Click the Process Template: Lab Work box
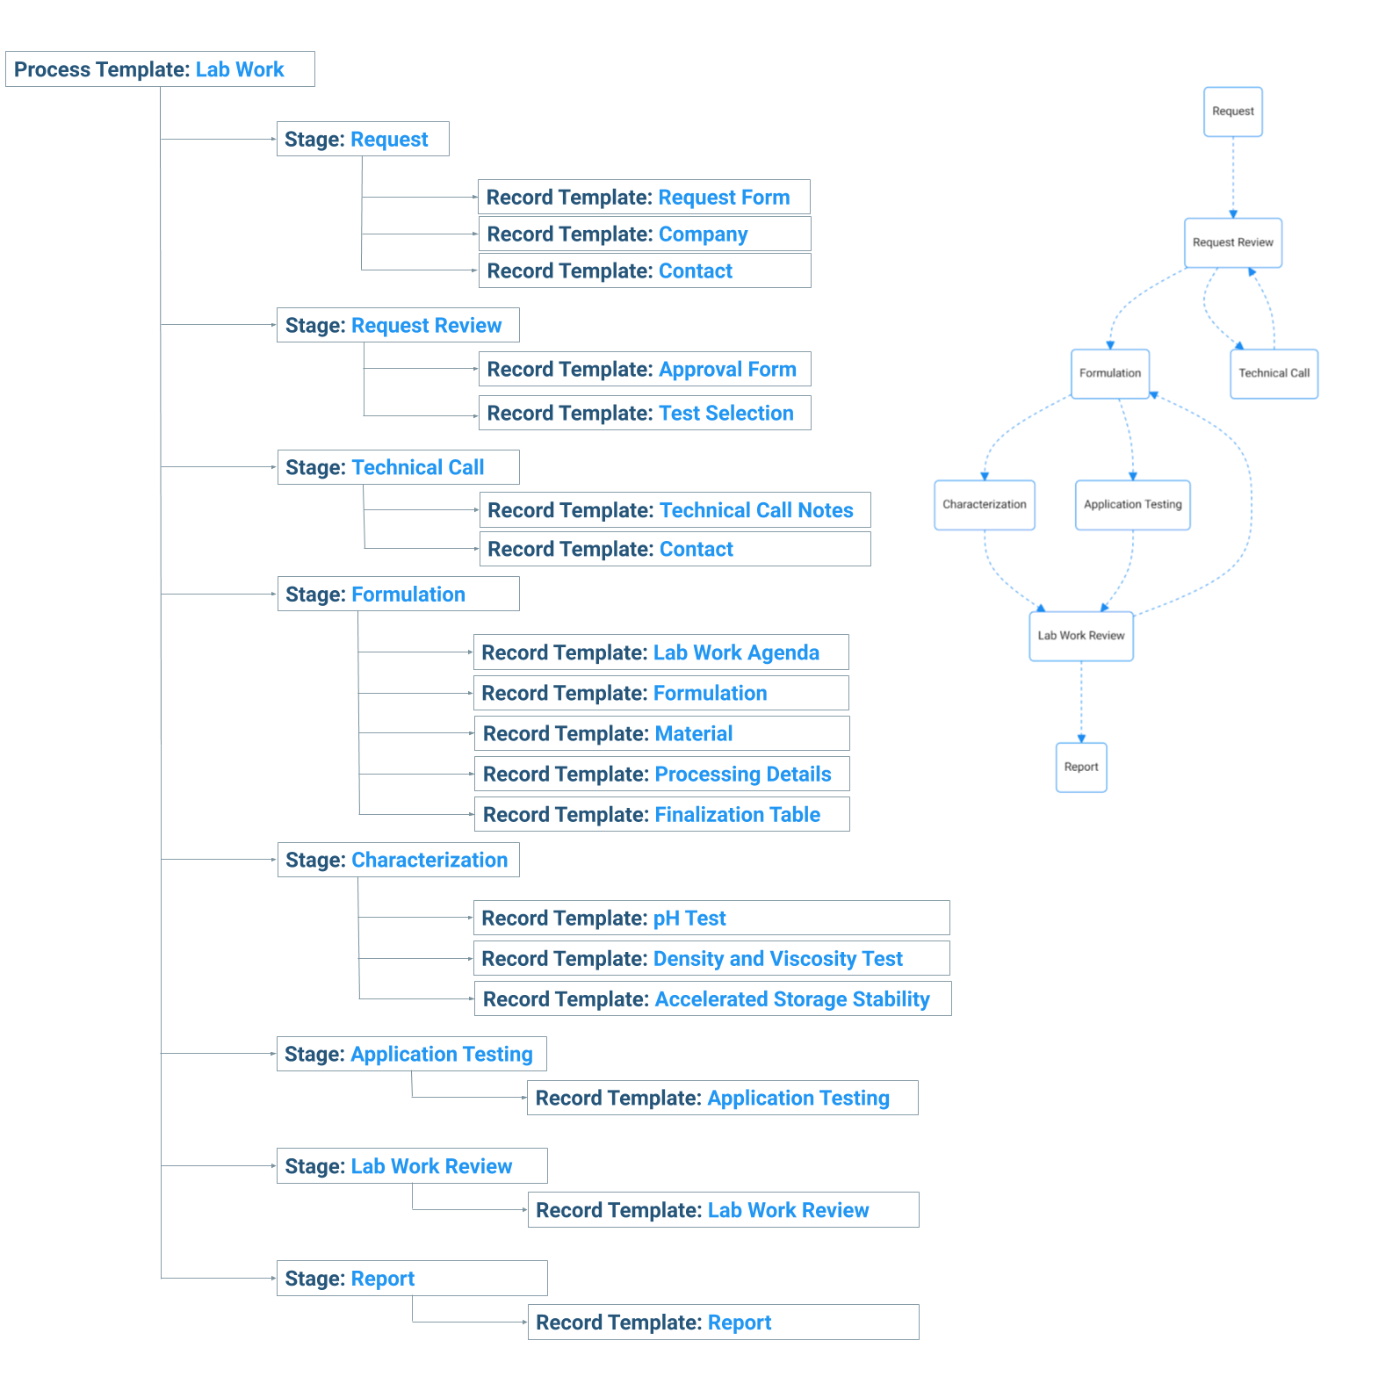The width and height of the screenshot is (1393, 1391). [x=160, y=69]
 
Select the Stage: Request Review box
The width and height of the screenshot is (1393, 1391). [x=398, y=325]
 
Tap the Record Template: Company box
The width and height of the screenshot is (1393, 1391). [x=645, y=234]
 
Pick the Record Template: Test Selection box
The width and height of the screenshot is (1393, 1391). [x=645, y=413]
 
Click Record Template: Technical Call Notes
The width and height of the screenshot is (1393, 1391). [x=675, y=510]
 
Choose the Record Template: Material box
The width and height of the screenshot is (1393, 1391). [x=662, y=733]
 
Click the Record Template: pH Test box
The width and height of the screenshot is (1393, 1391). [x=711, y=918]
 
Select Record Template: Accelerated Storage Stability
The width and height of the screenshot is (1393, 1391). [x=713, y=998]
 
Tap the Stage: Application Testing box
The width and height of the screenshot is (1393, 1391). [x=412, y=1054]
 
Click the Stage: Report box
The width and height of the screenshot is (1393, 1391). [x=412, y=1279]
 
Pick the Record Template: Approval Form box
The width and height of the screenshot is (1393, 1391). [x=645, y=369]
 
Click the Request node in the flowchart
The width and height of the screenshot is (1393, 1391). [x=1233, y=112]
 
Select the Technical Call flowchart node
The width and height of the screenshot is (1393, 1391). [x=1274, y=373]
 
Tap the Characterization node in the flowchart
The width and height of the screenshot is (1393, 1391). [x=985, y=505]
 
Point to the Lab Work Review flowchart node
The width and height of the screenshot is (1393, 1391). [x=1081, y=636]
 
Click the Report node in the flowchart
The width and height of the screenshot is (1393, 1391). [x=1081, y=768]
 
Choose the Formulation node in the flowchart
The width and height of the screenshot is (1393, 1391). [x=1110, y=373]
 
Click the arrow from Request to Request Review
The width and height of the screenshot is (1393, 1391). [x=1233, y=177]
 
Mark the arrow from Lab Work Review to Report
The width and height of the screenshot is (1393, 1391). [x=1081, y=702]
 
